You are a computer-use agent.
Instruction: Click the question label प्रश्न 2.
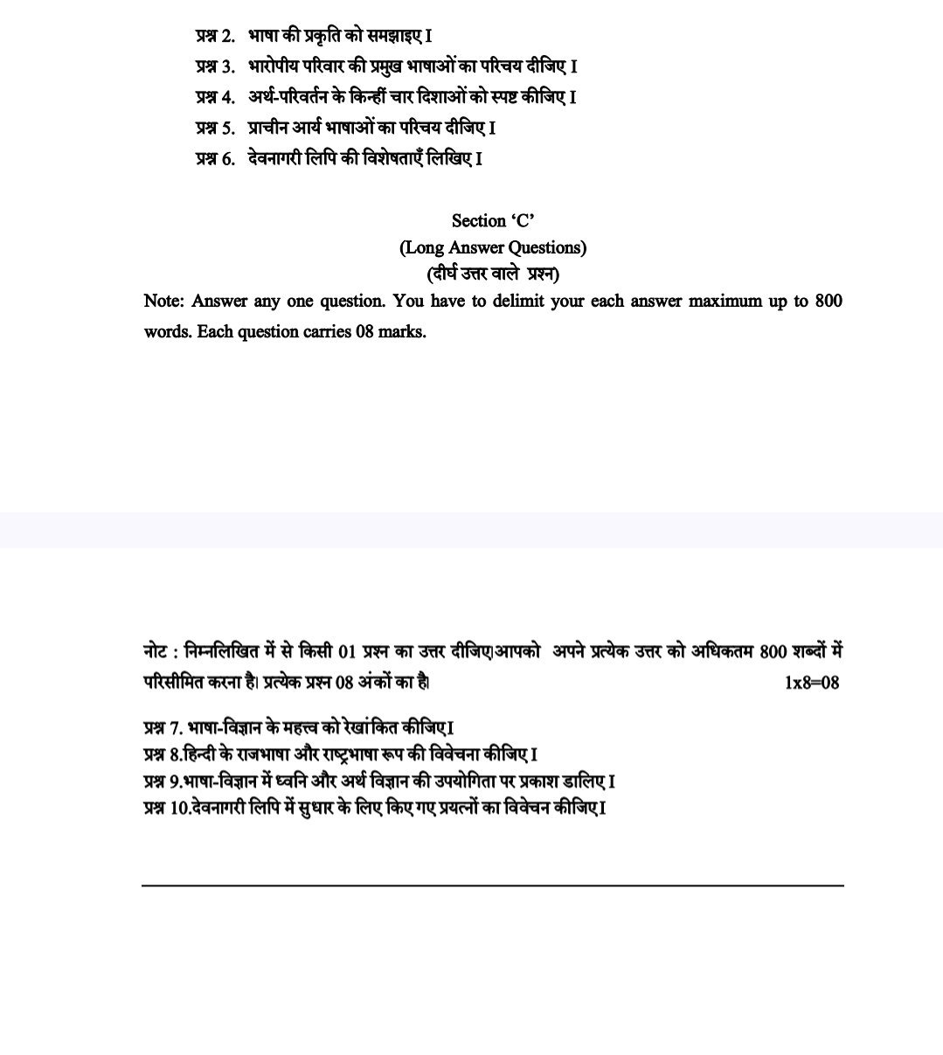click(215, 36)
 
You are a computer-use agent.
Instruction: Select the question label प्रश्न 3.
click(215, 66)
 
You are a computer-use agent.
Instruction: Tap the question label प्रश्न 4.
click(215, 97)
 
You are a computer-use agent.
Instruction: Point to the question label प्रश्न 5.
click(215, 128)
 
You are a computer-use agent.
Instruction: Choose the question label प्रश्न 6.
click(215, 158)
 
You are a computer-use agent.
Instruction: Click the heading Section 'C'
click(493, 220)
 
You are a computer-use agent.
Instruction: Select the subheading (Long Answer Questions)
click(493, 247)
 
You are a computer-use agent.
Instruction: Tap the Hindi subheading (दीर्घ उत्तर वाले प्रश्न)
click(493, 274)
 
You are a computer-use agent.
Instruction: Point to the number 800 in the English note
click(828, 301)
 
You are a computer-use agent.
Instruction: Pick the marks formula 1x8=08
click(812, 683)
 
